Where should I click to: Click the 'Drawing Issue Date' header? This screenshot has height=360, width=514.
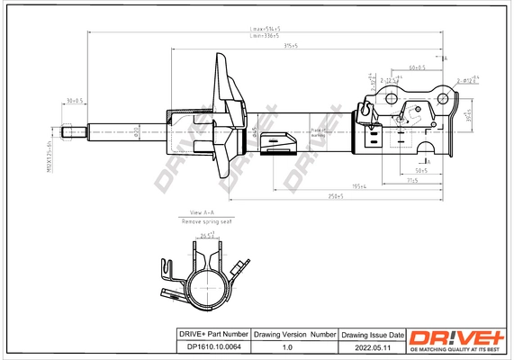372,334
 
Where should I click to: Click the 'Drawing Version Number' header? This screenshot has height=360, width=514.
294,334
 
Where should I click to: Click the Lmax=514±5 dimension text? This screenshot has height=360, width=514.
265,29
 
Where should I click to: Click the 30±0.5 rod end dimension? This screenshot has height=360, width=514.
74,101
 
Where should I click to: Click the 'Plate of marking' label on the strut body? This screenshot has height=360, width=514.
318,131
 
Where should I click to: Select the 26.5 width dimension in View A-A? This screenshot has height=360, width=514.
208,236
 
